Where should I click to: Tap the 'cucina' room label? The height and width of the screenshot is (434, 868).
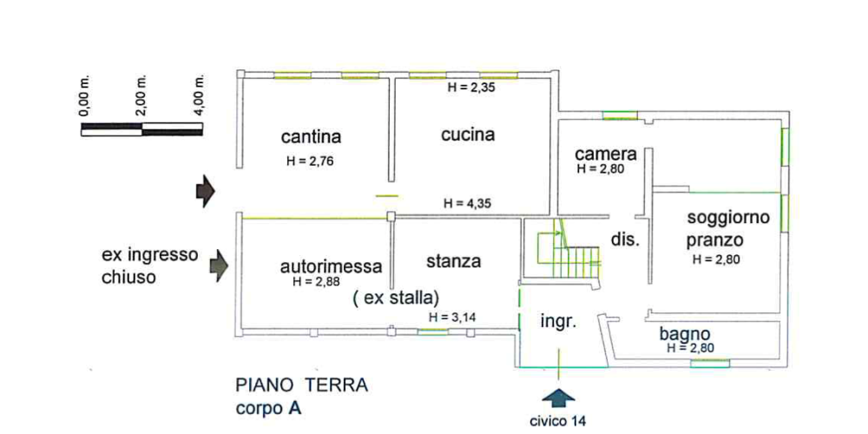pos(467,135)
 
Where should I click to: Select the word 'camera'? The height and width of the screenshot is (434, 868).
pos(607,154)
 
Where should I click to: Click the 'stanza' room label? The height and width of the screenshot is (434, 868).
pos(454,260)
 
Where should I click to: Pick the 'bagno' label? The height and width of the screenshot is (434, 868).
pos(686,334)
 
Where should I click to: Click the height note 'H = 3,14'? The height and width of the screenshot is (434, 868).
pos(453,317)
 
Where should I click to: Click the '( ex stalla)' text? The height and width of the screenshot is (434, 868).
pos(397,298)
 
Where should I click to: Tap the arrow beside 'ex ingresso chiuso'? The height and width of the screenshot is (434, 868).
pos(218,266)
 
